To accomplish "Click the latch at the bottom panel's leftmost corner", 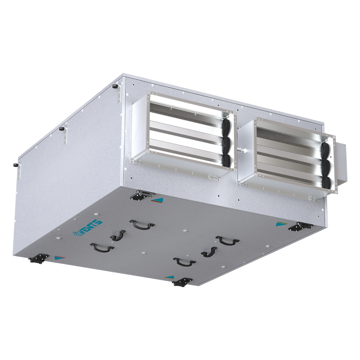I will [x=38, y=258].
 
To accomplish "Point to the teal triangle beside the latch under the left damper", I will [x=157, y=199].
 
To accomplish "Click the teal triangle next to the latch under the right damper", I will [x=281, y=223].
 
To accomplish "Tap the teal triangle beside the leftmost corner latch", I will [x=57, y=258].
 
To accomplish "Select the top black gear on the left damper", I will [x=226, y=127].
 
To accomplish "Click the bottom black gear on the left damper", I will [x=226, y=160].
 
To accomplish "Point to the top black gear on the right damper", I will [x=327, y=152].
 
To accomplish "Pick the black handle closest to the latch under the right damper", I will [x=227, y=240].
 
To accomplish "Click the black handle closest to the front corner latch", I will [x=184, y=261].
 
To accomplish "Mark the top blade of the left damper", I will [x=184, y=108].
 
